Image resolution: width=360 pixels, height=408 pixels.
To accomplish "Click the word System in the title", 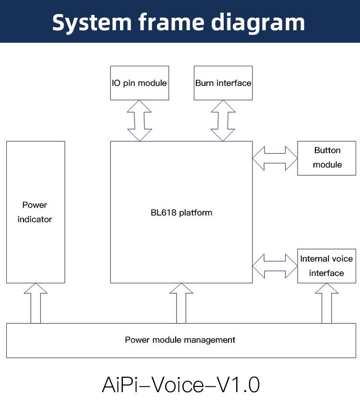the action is pos(92,23).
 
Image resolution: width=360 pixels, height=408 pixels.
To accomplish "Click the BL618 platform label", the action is pos(181,213).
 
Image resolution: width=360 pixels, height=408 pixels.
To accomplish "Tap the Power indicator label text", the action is pos(35,212).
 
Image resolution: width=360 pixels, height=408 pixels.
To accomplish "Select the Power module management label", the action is pos(180,340).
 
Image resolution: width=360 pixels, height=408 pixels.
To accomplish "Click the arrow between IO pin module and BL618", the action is pos(139,121).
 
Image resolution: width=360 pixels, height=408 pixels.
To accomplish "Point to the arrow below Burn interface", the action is pos(223,121).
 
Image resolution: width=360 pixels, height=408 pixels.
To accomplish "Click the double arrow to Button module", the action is pos(275,158).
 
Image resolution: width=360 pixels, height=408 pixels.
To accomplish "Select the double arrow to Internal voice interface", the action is pos(275,266).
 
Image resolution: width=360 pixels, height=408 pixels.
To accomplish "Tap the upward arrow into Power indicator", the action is pos(36,303).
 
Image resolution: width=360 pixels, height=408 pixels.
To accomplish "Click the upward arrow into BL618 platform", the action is pos(181,303).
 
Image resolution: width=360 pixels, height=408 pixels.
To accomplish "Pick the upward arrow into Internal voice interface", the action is pos(327,303).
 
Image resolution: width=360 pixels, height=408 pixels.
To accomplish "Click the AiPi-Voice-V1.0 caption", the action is pos(181,384).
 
